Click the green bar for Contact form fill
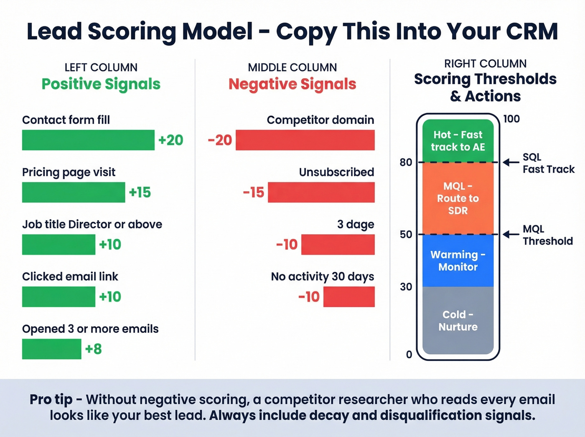coord(88,140)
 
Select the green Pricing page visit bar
coord(74,192)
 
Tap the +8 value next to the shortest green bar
coord(93,349)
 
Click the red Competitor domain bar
coord(305,140)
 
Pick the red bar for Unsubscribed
coord(321,192)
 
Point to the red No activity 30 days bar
coord(349,296)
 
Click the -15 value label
coord(254,192)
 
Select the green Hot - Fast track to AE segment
coord(458,141)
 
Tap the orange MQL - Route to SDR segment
coord(458,198)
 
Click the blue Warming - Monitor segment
coord(458,261)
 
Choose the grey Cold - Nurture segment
coord(458,320)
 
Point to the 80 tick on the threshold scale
coord(406,162)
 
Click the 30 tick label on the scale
coord(406,287)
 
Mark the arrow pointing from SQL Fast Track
coord(511,162)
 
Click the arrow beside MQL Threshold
coord(511,235)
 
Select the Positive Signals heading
coord(101,84)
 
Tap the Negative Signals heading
coord(292,84)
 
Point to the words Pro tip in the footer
coord(51,399)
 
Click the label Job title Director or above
coord(92,225)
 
